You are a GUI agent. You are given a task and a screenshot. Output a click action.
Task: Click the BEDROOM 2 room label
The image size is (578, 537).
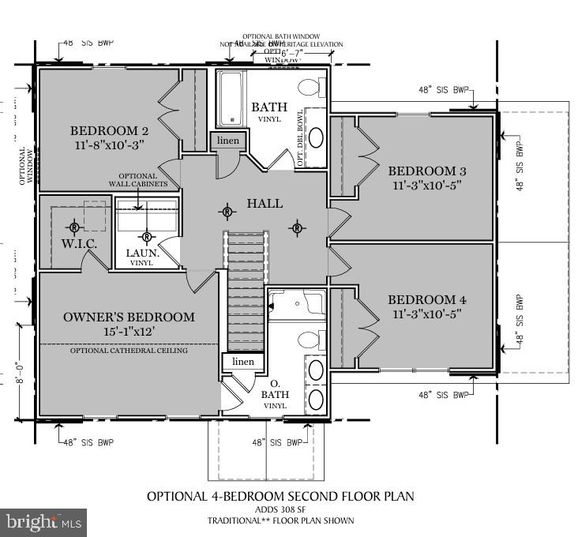(110, 131)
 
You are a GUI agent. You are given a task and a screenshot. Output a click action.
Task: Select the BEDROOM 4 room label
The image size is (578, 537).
(428, 300)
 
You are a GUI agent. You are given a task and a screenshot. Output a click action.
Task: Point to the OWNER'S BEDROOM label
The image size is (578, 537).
(129, 317)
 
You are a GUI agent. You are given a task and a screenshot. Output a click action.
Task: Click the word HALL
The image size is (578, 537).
(265, 203)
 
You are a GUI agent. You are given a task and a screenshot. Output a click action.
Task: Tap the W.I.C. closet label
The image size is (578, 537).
(79, 244)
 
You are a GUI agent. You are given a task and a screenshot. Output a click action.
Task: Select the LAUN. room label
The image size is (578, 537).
(144, 253)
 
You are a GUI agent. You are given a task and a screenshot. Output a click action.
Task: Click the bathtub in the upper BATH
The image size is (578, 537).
(232, 100)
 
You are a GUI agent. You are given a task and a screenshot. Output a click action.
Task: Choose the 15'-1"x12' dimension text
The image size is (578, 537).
(129, 332)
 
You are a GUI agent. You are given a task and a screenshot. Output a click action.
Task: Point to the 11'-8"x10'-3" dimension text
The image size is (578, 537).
(110, 145)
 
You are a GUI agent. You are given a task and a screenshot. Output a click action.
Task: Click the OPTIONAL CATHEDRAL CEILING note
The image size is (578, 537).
(129, 351)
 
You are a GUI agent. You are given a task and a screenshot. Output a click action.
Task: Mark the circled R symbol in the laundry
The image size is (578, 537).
(147, 235)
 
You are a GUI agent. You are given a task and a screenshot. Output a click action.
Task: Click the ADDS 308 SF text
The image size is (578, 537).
(280, 509)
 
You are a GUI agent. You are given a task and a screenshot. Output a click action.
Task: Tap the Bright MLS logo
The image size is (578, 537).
(43, 521)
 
